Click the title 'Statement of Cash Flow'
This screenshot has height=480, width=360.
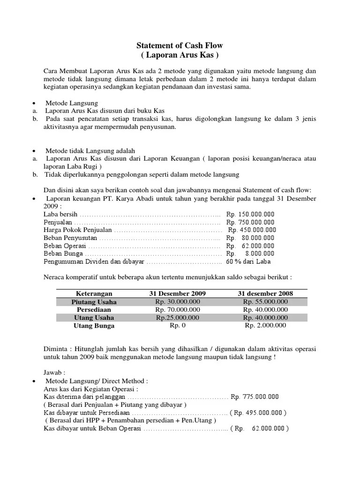click(x=180, y=45)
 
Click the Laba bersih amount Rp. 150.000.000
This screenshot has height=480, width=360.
click(x=250, y=214)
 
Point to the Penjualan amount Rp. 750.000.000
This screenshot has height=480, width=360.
click(x=250, y=222)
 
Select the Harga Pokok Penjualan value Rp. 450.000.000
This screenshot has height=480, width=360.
click(x=252, y=230)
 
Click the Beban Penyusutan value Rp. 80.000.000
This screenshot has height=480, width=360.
click(x=250, y=238)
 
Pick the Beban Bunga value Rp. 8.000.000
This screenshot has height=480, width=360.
click(x=250, y=254)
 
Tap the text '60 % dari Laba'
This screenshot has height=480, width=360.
click(x=248, y=262)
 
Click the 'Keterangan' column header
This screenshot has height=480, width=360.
click(x=94, y=293)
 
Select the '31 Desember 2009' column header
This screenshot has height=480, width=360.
click(x=177, y=293)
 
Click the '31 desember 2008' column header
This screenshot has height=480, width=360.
click(x=265, y=293)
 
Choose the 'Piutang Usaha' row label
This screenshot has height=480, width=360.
click(x=94, y=302)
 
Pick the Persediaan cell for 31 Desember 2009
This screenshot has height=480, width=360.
click(x=177, y=310)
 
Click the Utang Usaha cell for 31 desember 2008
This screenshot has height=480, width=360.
click(x=265, y=318)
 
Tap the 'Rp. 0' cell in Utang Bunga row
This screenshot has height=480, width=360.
click(x=177, y=326)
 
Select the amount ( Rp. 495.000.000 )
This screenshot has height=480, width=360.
click(x=258, y=412)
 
